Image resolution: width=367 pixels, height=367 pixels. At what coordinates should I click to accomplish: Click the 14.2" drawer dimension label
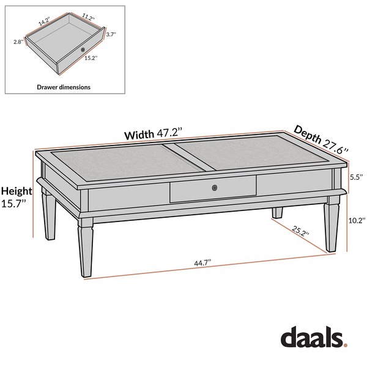click(44, 21)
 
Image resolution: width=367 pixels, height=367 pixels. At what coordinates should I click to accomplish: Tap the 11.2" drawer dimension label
click(88, 17)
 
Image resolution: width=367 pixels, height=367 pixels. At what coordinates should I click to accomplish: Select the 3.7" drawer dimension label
click(111, 34)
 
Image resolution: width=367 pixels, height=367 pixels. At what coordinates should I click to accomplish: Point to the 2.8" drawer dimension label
click(18, 42)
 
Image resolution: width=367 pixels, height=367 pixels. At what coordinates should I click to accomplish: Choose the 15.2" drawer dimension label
click(91, 58)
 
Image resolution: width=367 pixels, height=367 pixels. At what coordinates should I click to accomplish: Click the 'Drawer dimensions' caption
click(64, 87)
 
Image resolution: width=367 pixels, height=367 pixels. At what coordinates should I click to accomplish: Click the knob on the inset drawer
click(83, 50)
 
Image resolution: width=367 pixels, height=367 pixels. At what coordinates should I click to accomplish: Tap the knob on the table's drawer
click(215, 188)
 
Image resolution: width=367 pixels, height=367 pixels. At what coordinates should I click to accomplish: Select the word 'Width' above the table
click(139, 135)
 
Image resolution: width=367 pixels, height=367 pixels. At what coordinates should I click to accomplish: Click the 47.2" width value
click(169, 133)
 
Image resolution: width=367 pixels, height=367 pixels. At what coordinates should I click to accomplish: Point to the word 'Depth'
click(308, 134)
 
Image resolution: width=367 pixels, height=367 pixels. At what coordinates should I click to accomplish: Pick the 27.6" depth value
click(336, 147)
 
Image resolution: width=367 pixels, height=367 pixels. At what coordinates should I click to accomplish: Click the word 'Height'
click(17, 191)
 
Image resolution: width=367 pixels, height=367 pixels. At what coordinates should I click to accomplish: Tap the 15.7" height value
click(13, 203)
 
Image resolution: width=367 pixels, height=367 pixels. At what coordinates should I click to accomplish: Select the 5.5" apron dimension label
click(356, 177)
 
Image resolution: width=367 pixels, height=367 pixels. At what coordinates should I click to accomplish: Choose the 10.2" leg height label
click(357, 220)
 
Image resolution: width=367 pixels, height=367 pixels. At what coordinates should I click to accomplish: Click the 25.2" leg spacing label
click(300, 231)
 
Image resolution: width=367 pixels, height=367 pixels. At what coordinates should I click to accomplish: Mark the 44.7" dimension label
click(202, 263)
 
